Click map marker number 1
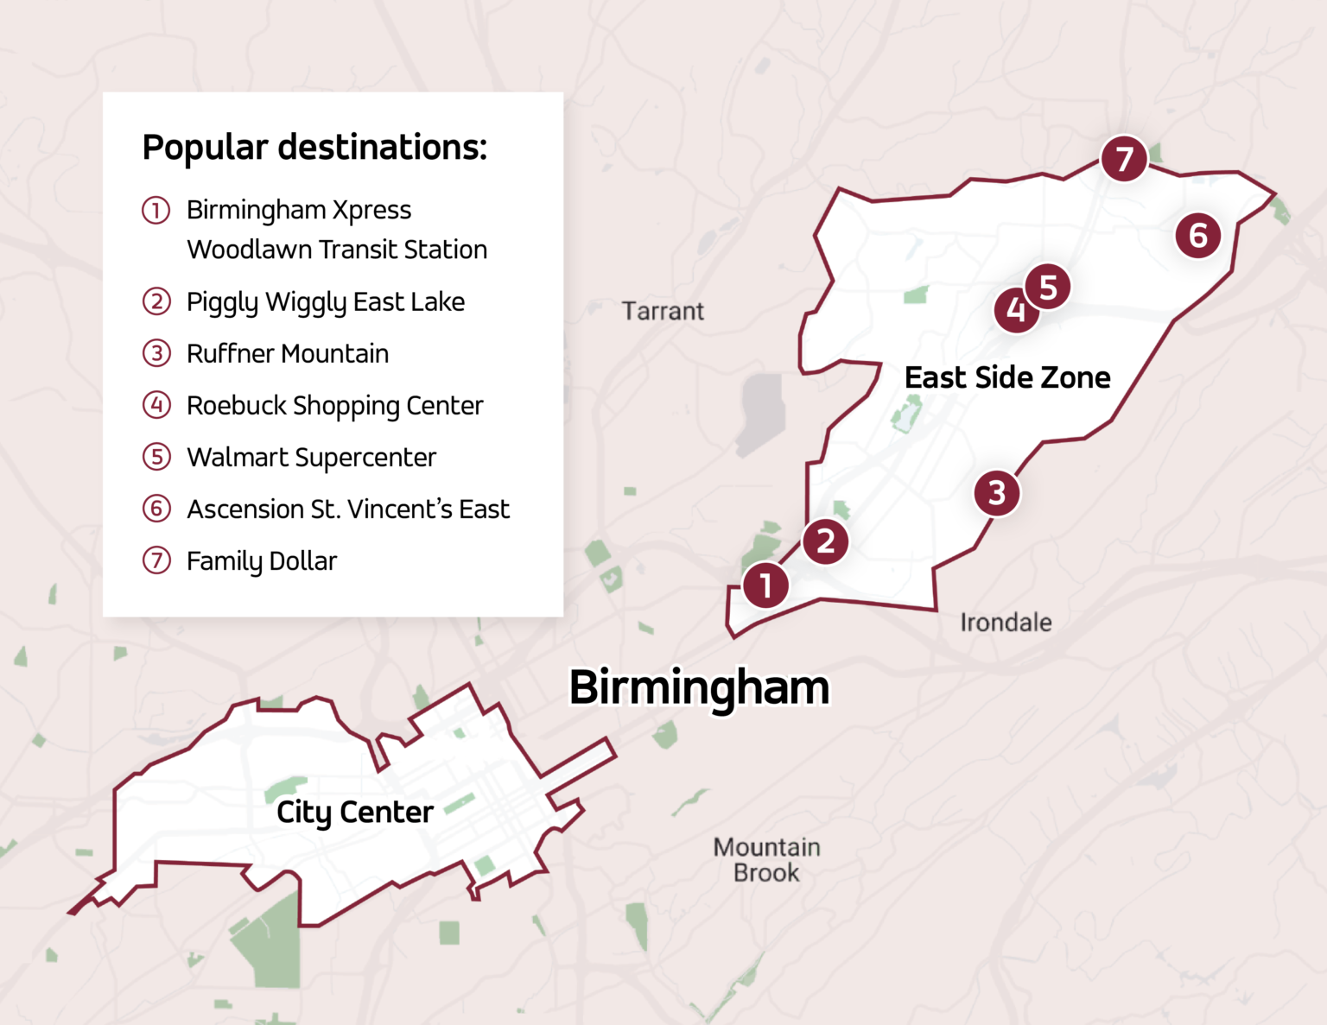pos(765,585)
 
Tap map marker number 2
pos(825,541)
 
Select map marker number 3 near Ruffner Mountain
pos(996,493)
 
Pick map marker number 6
pos(1197,235)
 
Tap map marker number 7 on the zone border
pos(1123,159)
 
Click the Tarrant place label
pos(663,311)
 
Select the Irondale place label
pos(1006,622)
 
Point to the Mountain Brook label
pos(766,859)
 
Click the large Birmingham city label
pos(699,688)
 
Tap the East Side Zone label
pos(1007,377)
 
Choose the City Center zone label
pos(354,812)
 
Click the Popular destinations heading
pos(314,147)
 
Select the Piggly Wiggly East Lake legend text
pos(326,302)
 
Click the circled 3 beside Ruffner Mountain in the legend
pos(156,353)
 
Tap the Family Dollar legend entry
pos(262,561)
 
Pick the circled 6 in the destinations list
pos(156,509)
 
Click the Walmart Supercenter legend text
pos(311,458)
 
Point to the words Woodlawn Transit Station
pos(337,250)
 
